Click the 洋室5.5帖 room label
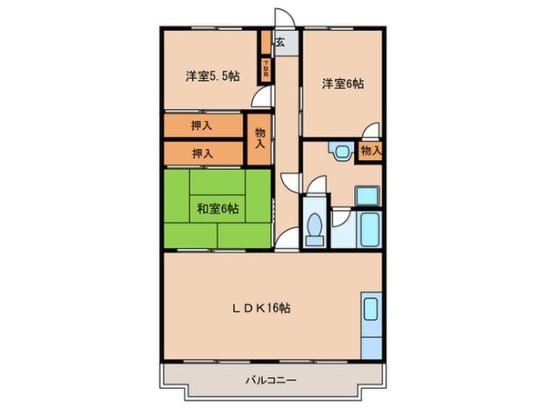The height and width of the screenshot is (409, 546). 212,77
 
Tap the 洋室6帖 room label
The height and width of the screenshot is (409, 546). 341,84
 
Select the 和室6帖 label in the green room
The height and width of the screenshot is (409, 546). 217,209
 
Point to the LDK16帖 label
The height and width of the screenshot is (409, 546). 260,307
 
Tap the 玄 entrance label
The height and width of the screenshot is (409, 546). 280,42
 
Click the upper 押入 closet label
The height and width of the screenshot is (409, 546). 202,125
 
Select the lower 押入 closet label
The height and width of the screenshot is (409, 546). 202,153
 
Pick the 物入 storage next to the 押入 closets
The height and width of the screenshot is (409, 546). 260,139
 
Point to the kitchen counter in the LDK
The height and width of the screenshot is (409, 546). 371,325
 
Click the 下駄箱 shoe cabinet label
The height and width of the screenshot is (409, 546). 267,66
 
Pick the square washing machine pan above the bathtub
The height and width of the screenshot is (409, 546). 367,195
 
